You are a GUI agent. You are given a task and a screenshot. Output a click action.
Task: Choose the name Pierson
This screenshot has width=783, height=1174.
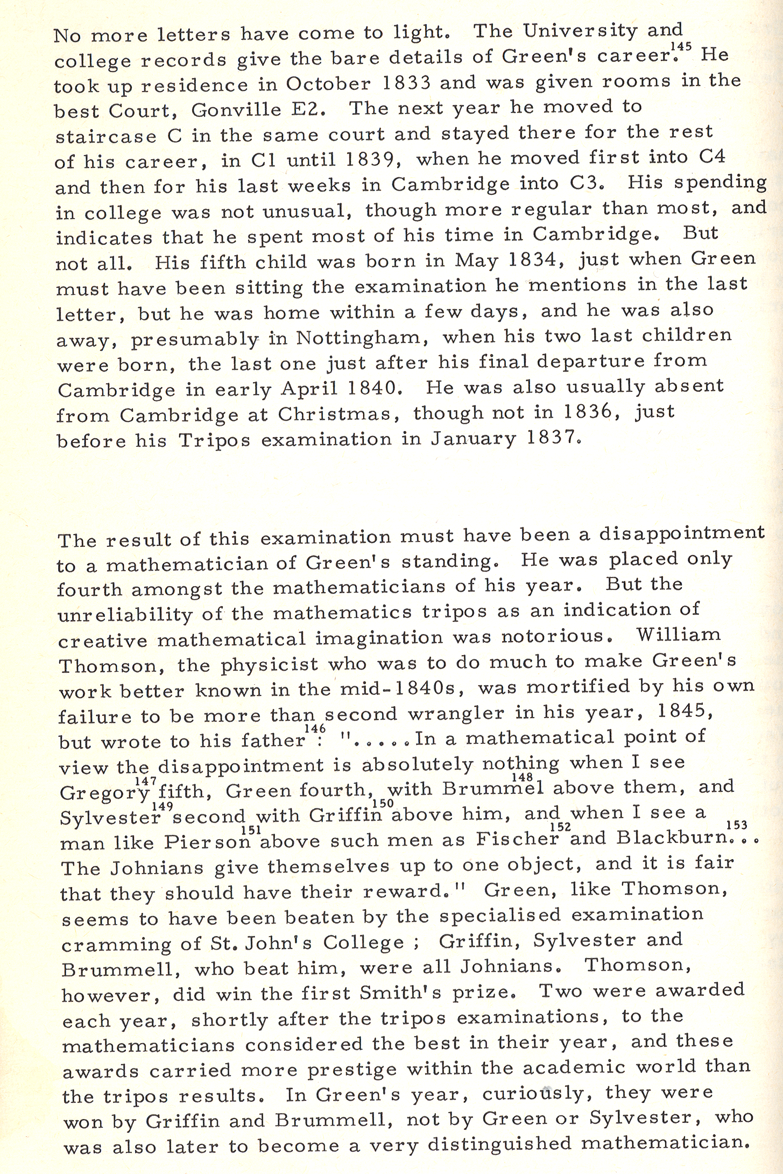[x=209, y=841]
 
